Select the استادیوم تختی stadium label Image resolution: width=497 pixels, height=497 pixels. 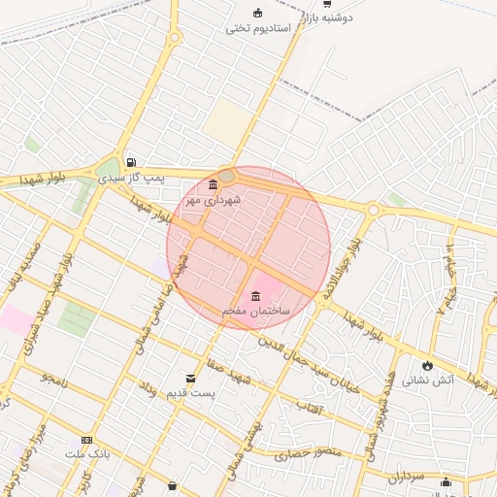(x=258, y=28)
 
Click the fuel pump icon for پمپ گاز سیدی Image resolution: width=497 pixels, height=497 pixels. (x=131, y=163)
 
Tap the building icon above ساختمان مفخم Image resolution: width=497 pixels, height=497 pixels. (x=255, y=296)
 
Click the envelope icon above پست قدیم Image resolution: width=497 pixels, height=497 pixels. (x=189, y=378)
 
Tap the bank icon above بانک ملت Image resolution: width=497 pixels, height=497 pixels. (x=87, y=441)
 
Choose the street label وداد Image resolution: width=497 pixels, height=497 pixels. (x=149, y=391)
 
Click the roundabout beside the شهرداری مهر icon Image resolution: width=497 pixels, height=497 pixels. (x=227, y=176)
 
